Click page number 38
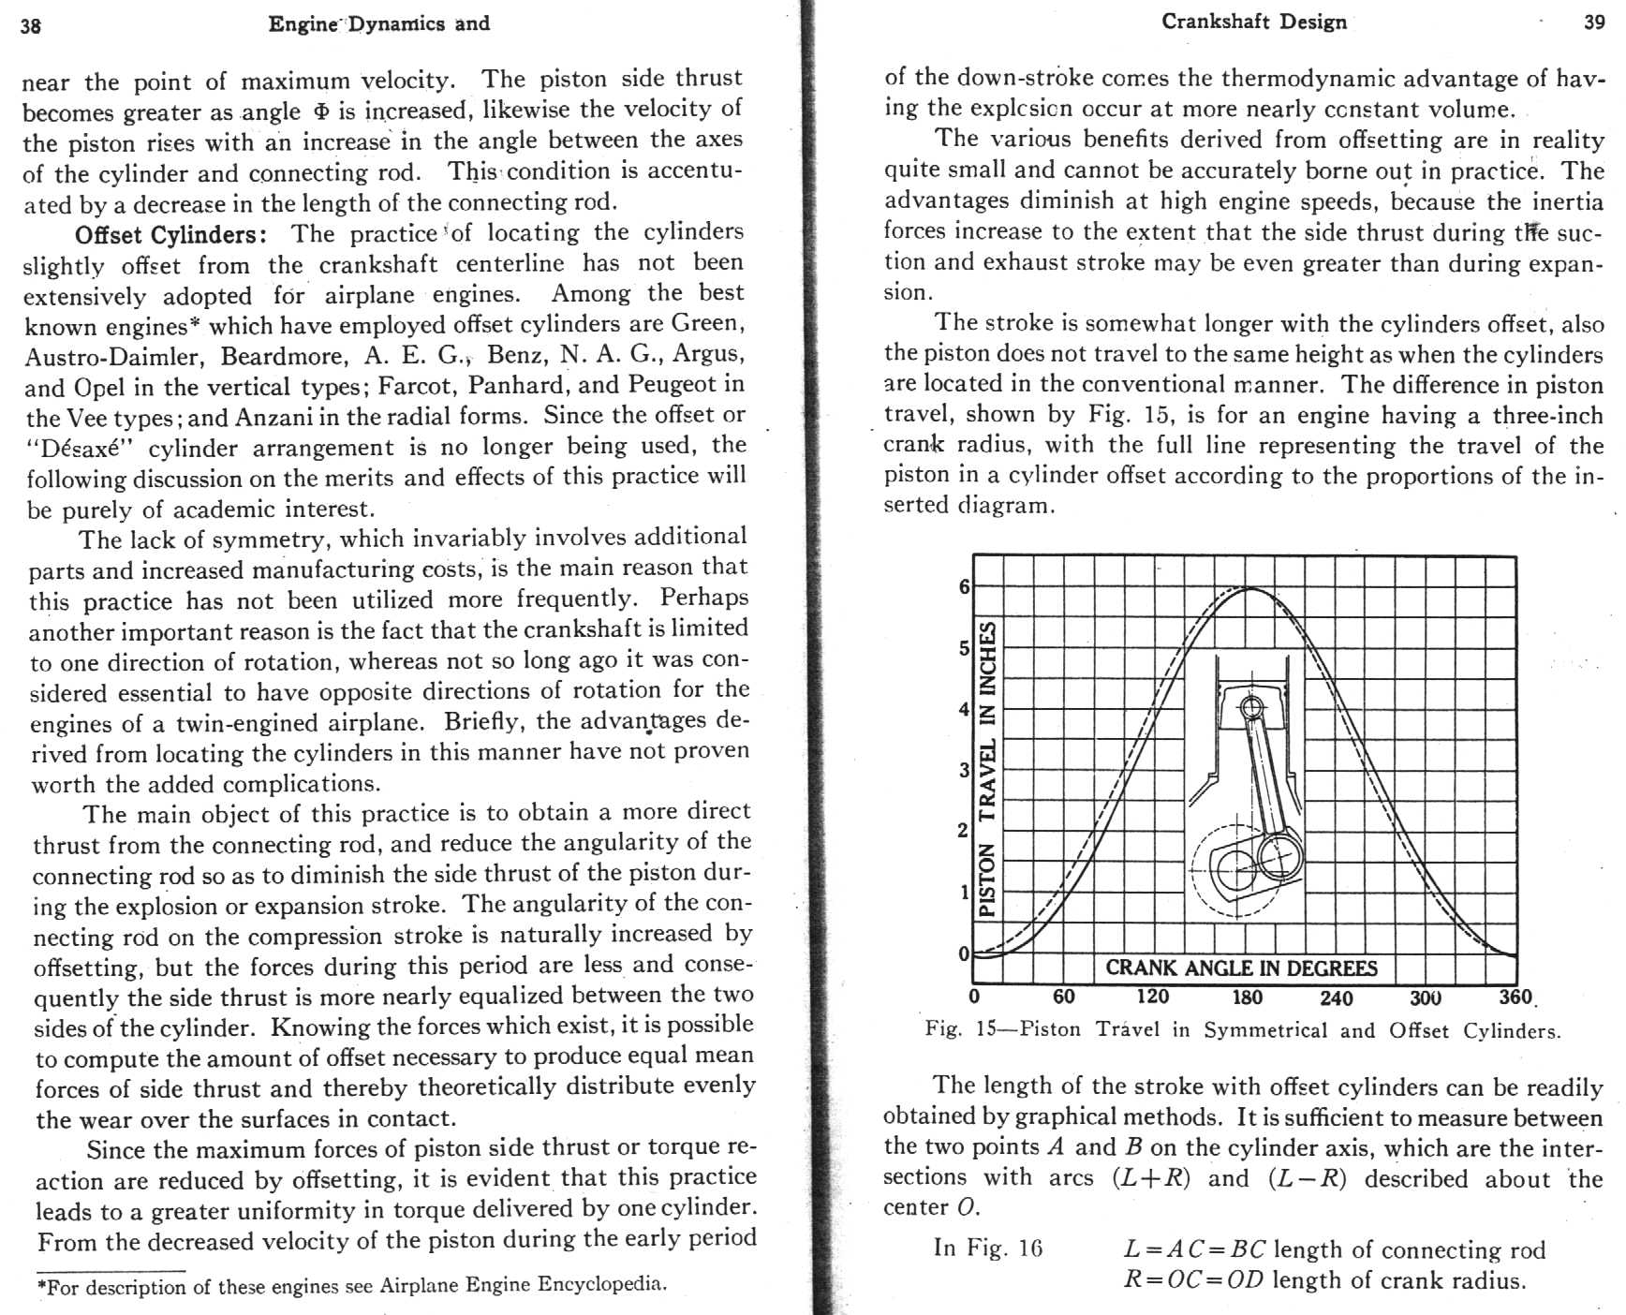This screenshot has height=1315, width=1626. tap(31, 25)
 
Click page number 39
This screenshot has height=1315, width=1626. tap(1594, 23)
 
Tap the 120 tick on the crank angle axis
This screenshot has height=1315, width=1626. tap(1153, 997)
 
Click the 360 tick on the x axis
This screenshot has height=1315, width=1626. tap(1514, 997)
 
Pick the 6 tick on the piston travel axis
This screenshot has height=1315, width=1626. tap(964, 587)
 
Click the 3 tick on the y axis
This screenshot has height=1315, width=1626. tap(964, 770)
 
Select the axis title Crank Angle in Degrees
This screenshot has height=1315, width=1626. tap(1241, 968)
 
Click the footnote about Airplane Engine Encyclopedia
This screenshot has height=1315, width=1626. tap(352, 1285)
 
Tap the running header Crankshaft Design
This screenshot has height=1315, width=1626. tap(1253, 22)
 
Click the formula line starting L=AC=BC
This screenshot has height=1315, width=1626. tap(1334, 1249)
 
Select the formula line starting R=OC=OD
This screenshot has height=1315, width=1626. tap(1324, 1279)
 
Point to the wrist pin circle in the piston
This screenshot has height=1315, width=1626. tap(1251, 706)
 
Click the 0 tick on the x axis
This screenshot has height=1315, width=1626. tap(975, 997)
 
